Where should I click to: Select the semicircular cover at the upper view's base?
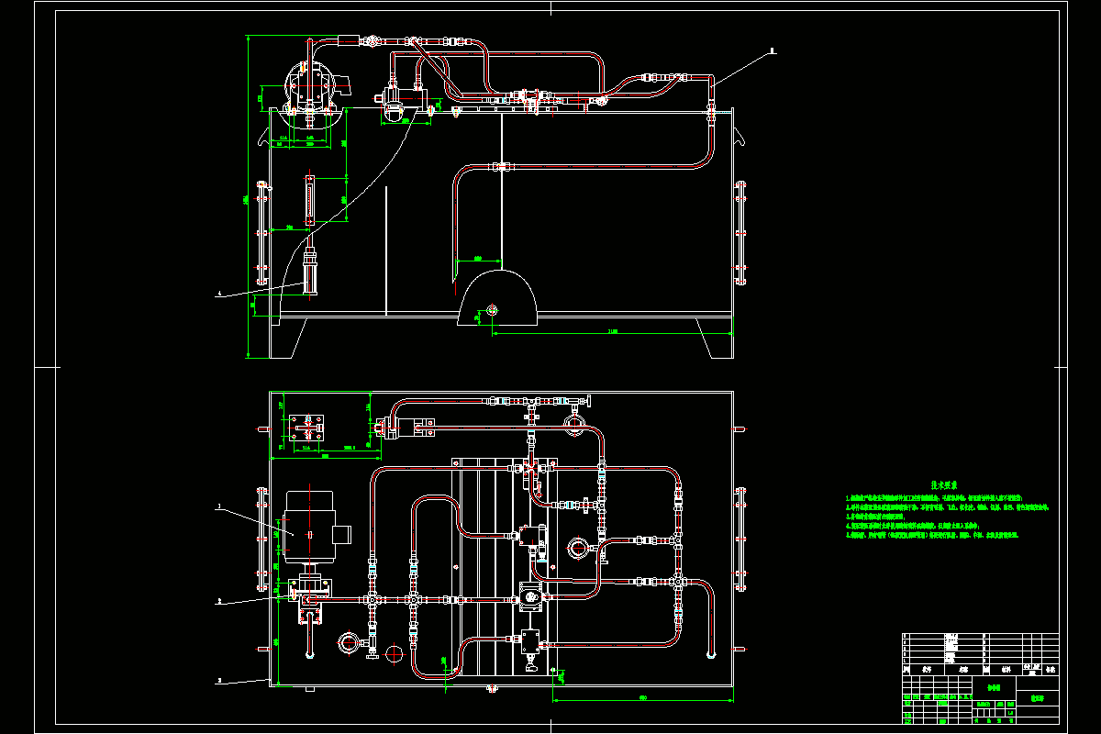(x=498, y=298)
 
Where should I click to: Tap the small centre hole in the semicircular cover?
(x=492, y=309)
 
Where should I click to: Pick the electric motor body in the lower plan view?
(x=308, y=526)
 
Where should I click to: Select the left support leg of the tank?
(x=284, y=338)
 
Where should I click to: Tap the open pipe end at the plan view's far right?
(x=711, y=654)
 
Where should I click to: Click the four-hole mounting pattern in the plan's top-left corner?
(x=309, y=428)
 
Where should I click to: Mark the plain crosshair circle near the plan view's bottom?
(x=395, y=653)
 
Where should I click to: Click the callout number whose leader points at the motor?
(x=219, y=506)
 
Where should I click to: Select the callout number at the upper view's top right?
(x=773, y=51)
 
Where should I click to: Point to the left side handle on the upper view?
(x=262, y=234)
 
